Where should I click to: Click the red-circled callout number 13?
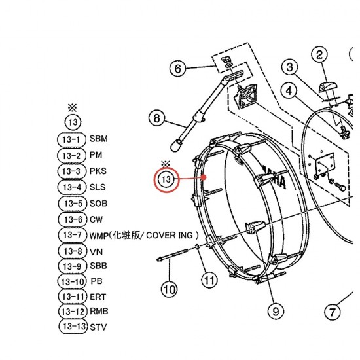[x=166, y=179]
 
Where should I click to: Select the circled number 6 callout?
[x=178, y=69]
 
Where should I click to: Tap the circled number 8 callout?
[x=156, y=118]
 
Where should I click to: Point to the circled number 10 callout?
[x=170, y=289]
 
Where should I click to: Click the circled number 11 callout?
[x=209, y=280]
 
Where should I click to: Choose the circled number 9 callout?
[x=276, y=311]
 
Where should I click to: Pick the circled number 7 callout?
[x=333, y=312]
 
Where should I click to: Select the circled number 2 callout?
[x=319, y=54]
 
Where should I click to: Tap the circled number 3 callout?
[x=290, y=67]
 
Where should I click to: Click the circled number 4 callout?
[x=289, y=91]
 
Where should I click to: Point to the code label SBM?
[x=98, y=139]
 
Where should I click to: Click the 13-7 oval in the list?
[x=73, y=235]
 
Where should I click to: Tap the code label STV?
[x=98, y=327]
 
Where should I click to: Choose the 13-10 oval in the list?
[x=72, y=281]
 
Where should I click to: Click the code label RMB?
[x=99, y=312]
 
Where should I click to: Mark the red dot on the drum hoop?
[x=204, y=177]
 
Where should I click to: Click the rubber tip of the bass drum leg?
[x=175, y=145]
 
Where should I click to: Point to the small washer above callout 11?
[x=197, y=247]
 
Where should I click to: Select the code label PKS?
[x=98, y=171]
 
